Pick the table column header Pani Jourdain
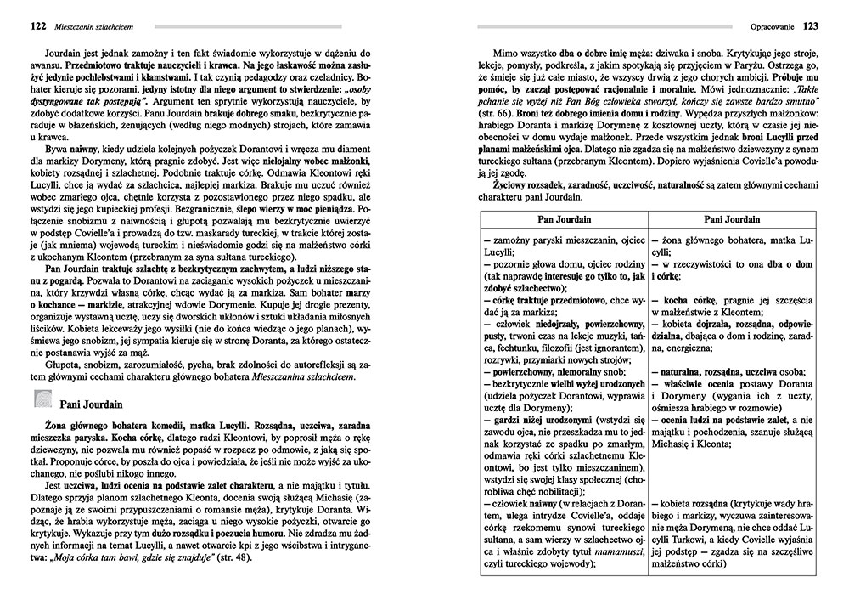coord(733,219)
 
